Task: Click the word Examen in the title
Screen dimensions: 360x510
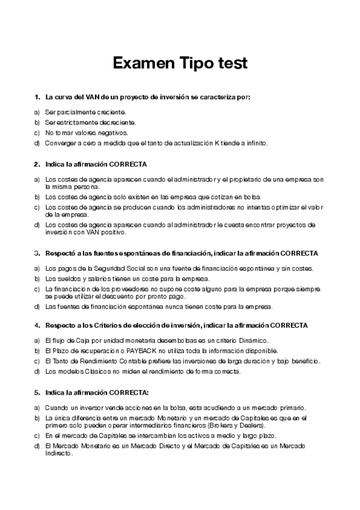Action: click(141, 63)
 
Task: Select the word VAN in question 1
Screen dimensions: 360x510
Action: click(86, 97)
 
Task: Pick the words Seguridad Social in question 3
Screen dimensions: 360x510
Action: click(109, 268)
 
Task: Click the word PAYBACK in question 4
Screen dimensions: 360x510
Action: click(136, 350)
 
